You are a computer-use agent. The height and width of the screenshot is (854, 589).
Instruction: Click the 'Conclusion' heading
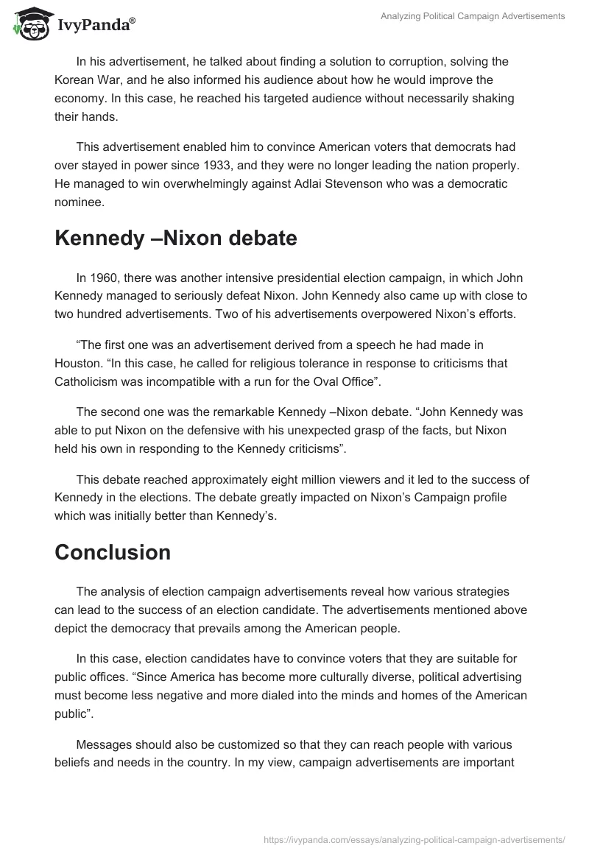113,552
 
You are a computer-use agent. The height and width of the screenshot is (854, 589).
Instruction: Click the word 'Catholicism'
88,381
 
